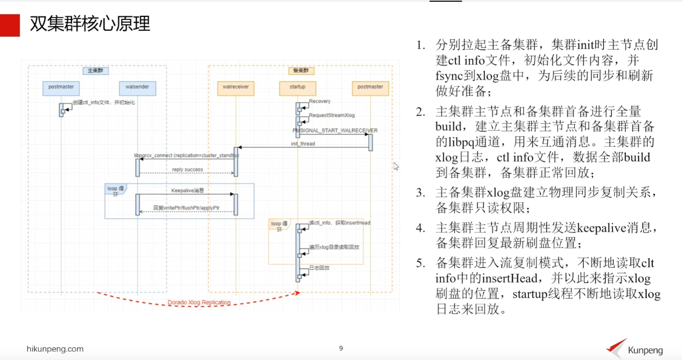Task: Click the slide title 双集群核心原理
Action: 90,24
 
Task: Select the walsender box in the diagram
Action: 137,87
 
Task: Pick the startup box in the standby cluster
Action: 297,87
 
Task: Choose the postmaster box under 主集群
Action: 61,87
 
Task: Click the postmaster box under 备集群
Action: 370,87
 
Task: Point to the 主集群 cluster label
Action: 96,70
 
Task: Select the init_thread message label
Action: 303,144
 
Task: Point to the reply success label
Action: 187,170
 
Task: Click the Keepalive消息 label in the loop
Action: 187,190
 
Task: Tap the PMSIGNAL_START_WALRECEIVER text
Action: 334,130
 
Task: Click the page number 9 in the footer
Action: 341,348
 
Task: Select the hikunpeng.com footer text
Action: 55,349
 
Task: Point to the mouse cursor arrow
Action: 396,165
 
